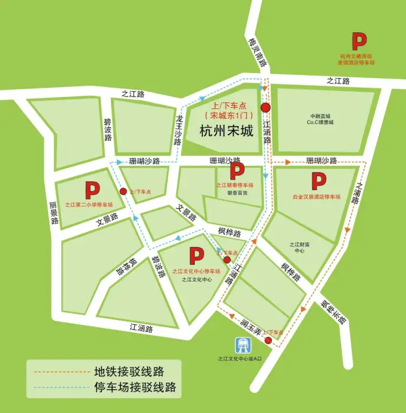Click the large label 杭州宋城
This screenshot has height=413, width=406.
click(x=227, y=131)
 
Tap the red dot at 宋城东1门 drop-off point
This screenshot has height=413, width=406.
click(x=265, y=107)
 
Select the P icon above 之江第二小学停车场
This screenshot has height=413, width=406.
click(x=92, y=190)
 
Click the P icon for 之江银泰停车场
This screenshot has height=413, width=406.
click(x=237, y=171)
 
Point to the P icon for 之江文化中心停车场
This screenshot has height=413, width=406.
click(x=196, y=256)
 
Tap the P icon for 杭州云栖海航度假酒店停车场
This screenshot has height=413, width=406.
click(x=359, y=41)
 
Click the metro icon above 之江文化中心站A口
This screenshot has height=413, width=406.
click(x=242, y=344)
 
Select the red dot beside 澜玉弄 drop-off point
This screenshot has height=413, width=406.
click(x=268, y=341)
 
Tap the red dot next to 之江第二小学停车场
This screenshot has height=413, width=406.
click(x=123, y=191)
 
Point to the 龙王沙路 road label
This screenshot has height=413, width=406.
click(x=178, y=130)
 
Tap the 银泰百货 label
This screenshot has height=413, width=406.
click(x=237, y=192)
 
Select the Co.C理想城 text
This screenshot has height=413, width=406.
click(x=320, y=122)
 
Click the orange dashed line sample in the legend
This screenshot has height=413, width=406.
click(x=59, y=372)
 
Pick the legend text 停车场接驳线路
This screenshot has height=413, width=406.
click(x=135, y=388)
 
